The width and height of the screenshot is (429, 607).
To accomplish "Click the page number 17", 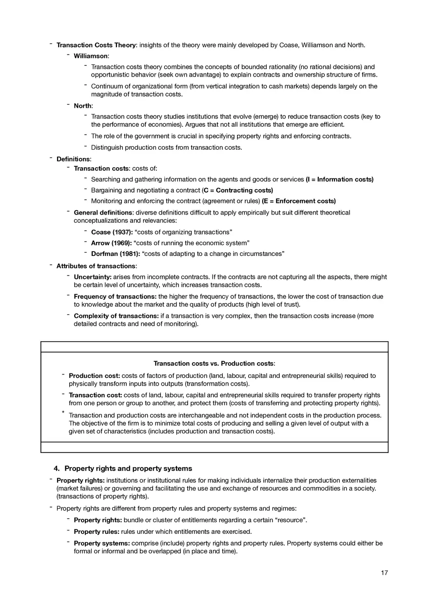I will tap(384, 573).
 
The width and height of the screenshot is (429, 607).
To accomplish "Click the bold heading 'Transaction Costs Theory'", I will tap(96, 45).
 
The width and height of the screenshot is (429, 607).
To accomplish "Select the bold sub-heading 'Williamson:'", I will tap(92, 56).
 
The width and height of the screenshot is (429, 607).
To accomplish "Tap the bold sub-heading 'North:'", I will tap(83, 106).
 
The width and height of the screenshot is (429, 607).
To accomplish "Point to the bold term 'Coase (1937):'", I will tap(112, 232).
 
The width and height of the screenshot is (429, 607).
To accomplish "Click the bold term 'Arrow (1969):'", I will tap(112, 243).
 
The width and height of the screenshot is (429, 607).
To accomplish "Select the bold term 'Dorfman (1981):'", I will tap(116, 254).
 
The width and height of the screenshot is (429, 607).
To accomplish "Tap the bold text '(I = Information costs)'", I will tap(339, 179).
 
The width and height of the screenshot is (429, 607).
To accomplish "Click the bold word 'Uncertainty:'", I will tap(93, 277).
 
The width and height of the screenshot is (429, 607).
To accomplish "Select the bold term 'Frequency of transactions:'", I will tap(115, 296).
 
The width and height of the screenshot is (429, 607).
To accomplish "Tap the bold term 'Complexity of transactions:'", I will tap(116, 316).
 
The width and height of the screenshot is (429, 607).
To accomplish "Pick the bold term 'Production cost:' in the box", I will tap(94, 376).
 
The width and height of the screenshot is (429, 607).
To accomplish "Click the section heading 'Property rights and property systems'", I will tap(128, 469).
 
